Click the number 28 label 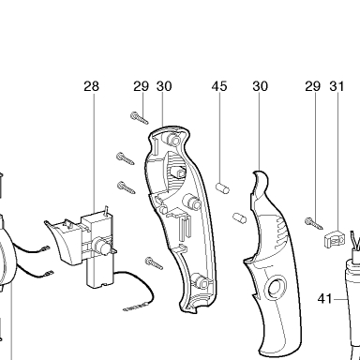[91, 86]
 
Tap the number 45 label [219, 86]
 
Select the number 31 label [337, 86]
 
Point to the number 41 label [324, 299]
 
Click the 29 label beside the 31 [313, 86]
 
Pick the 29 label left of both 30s [142, 86]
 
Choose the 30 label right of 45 [260, 86]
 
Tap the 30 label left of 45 [164, 86]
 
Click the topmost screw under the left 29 [140, 118]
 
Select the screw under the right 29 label [314, 224]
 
